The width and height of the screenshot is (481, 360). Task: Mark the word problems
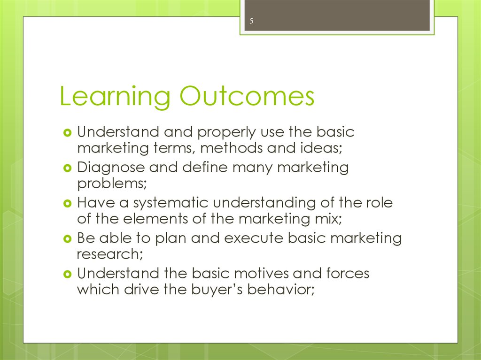[x=112, y=184]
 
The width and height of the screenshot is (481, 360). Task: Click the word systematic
[x=169, y=203]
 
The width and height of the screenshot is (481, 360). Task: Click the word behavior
[x=280, y=289]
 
